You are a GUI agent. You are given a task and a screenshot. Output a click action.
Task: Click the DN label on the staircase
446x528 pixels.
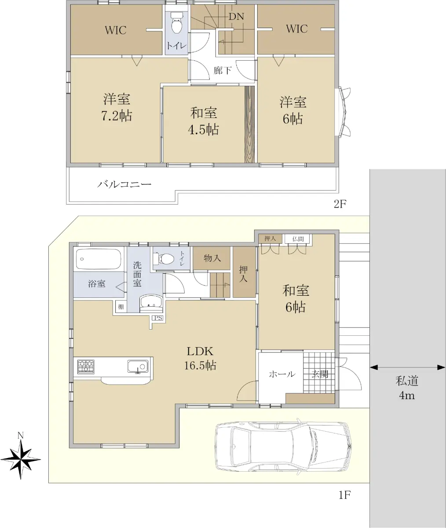click(236, 17)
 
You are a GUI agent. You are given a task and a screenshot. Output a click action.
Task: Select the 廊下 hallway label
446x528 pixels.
click(223, 70)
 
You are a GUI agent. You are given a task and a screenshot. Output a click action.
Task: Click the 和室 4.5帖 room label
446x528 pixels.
click(204, 121)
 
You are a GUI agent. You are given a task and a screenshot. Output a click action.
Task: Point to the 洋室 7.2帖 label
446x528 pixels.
click(117, 107)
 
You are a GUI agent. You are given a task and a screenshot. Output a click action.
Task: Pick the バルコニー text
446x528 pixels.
click(124, 184)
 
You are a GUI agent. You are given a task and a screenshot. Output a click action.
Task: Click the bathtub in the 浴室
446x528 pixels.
click(99, 260)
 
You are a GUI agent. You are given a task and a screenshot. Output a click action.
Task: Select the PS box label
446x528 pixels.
click(158, 318)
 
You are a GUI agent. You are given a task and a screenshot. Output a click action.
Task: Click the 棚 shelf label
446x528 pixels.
click(121, 307)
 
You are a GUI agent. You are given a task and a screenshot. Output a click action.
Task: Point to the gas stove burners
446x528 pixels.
click(86, 367)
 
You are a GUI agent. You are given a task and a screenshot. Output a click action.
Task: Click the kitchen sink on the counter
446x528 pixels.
click(138, 367)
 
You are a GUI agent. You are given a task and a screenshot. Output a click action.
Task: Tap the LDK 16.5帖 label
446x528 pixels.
click(200, 358)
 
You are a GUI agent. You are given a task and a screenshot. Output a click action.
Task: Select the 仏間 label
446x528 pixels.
click(298, 238)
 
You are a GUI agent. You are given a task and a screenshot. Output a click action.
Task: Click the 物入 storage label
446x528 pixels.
click(212, 258)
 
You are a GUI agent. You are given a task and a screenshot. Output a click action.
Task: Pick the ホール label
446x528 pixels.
click(282, 374)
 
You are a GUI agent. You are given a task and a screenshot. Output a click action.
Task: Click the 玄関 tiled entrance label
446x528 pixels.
click(320, 374)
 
